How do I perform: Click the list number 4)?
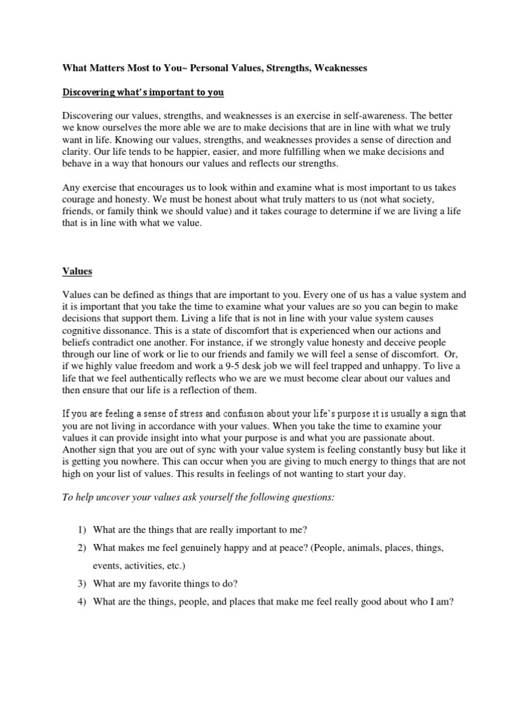click(81, 601)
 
